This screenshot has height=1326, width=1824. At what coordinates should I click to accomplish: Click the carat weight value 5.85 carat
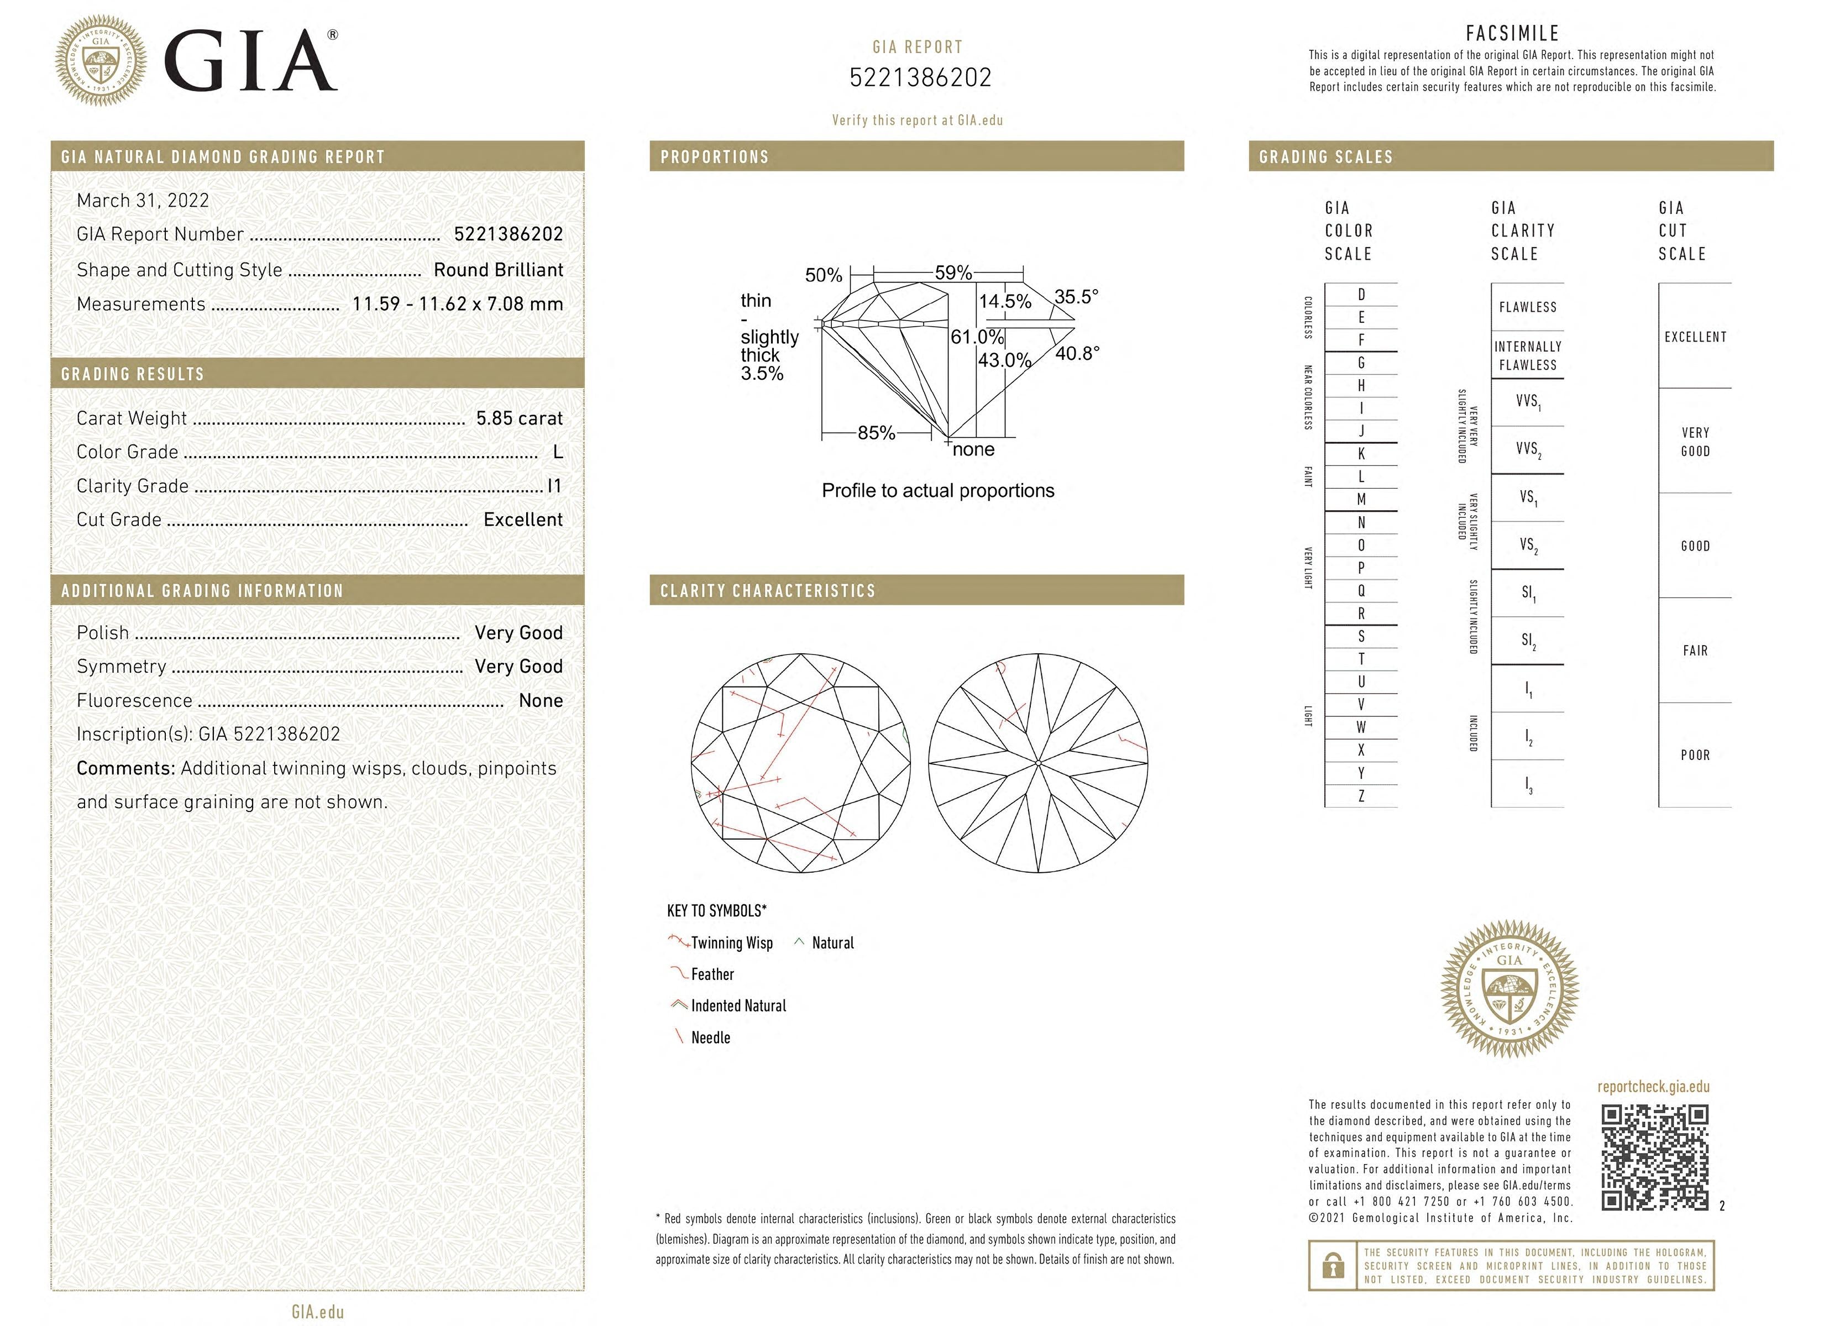click(518, 418)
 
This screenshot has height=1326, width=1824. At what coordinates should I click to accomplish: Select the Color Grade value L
click(557, 452)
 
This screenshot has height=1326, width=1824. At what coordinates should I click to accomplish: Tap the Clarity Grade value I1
click(554, 486)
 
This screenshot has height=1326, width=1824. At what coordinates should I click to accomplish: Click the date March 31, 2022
click(143, 200)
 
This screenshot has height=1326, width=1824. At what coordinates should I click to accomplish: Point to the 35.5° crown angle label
click(1076, 297)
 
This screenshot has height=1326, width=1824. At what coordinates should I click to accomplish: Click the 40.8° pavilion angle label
click(1077, 353)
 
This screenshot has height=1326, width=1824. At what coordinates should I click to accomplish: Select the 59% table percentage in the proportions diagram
click(953, 272)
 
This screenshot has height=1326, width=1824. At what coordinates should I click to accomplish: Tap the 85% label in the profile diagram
click(876, 433)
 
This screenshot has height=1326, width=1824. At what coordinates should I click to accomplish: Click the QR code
click(1654, 1157)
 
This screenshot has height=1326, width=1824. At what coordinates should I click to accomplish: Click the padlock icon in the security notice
click(1333, 1266)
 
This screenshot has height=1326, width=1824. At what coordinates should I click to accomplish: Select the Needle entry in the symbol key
click(710, 1037)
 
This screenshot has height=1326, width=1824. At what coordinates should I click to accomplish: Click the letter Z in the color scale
click(1361, 796)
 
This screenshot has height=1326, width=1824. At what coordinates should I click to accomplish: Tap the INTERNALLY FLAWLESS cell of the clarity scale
click(1527, 355)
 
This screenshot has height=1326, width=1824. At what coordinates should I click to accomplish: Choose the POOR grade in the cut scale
click(1695, 755)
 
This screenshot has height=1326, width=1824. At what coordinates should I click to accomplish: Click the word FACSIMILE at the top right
click(1512, 33)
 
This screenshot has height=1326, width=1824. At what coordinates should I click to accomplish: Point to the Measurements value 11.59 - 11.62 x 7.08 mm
click(458, 304)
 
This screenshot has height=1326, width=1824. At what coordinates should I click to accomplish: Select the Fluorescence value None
click(541, 700)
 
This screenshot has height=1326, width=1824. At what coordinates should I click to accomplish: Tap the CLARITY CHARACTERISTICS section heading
click(767, 591)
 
